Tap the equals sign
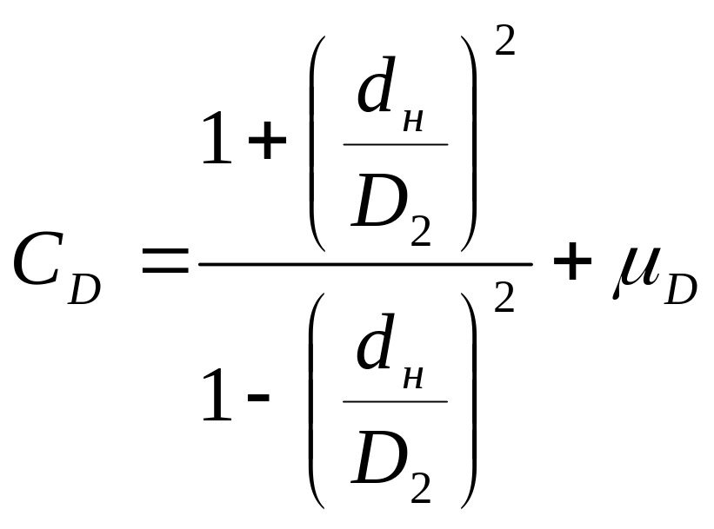coord(164,261)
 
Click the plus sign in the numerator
coord(268,143)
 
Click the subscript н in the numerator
coord(414,119)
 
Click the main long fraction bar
coord(365,264)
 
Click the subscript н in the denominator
coord(414,376)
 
